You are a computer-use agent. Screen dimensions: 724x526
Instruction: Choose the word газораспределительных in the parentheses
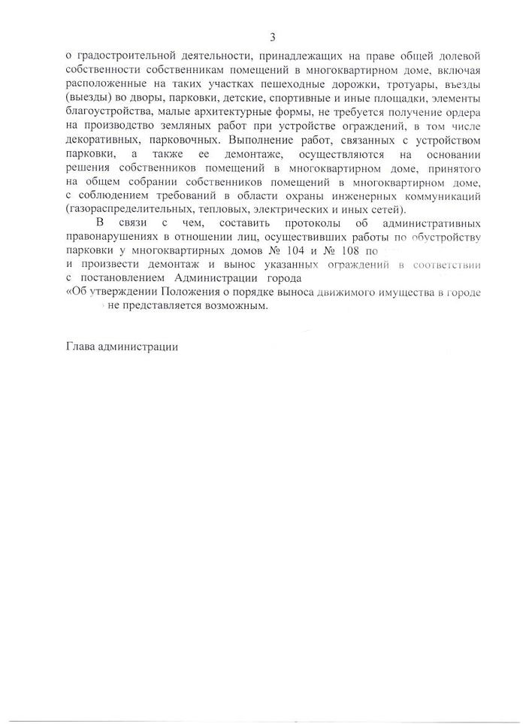click(128, 209)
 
